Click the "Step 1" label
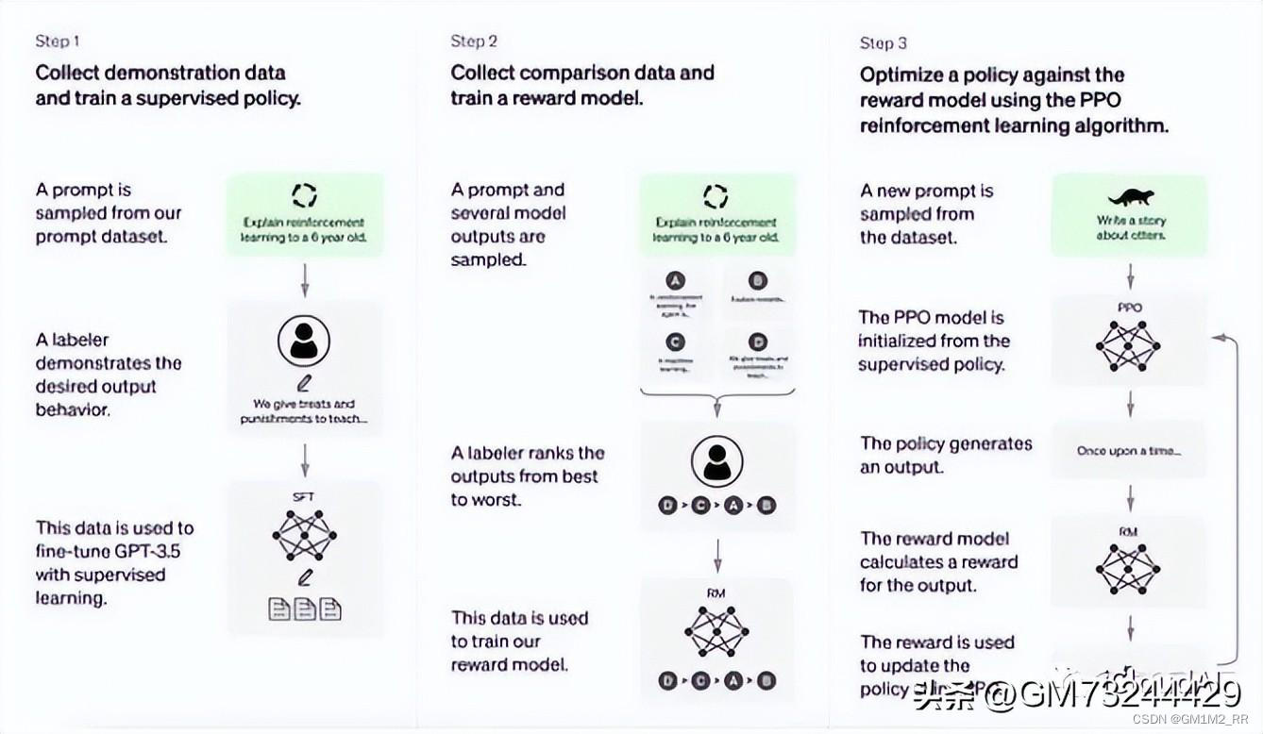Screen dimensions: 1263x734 pos(57,42)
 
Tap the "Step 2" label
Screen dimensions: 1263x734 pos(474,42)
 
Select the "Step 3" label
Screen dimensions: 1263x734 pos(884,43)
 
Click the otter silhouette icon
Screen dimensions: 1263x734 pos(1130,197)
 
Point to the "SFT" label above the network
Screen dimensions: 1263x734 pos(304,495)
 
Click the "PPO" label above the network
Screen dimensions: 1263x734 pos(1129,308)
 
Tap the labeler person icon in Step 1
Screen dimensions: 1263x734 pos(304,341)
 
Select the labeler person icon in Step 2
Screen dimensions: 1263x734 pos(716,461)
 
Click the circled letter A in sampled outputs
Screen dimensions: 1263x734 pos(676,280)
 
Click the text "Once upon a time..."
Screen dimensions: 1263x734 pos(1129,451)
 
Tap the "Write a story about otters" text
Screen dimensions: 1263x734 pos(1130,227)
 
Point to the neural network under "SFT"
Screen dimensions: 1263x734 pos(304,535)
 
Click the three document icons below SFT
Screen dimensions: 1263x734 pos(304,610)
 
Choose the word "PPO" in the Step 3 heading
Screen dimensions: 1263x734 pos(1101,100)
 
